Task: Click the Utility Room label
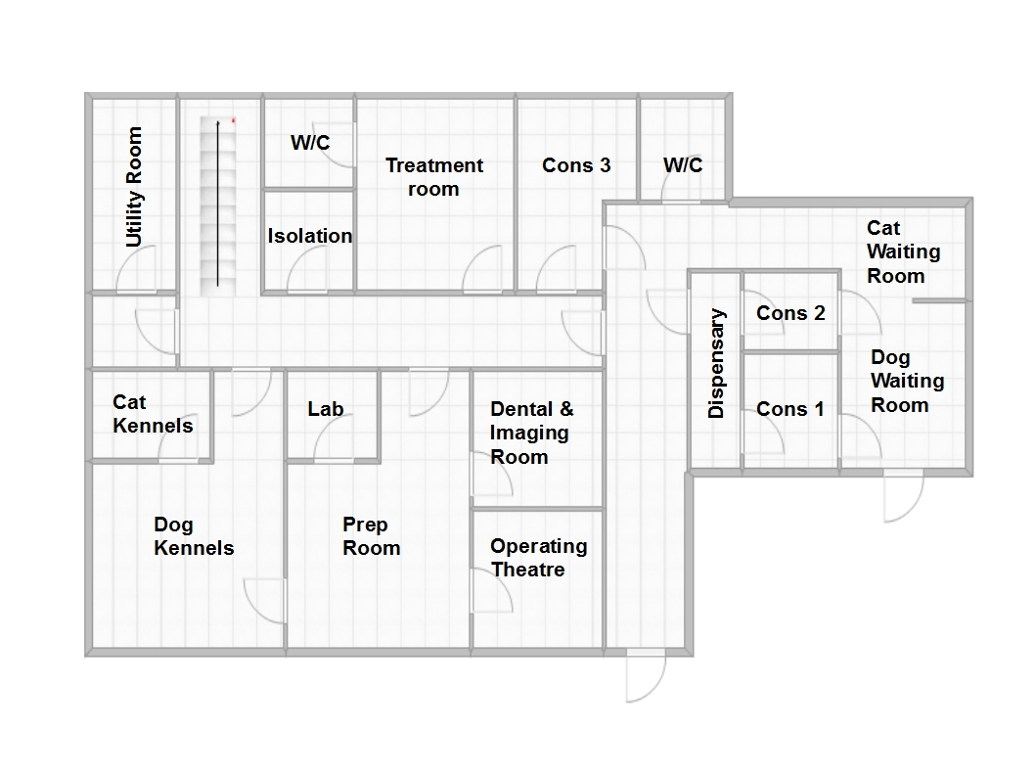(134, 187)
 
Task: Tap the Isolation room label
(309, 236)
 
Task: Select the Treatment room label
(434, 177)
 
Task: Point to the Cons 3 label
(576, 165)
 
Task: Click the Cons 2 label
(790, 313)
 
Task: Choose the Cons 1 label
(790, 409)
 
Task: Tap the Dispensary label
(716, 363)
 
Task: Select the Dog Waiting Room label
(908, 381)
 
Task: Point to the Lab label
(326, 409)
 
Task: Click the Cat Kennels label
(154, 414)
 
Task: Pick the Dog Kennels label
(194, 536)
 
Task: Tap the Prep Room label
(372, 536)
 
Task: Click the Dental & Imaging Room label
(532, 434)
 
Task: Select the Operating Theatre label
(539, 558)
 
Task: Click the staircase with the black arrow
(218, 206)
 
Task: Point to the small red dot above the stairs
(234, 120)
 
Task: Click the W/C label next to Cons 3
(683, 165)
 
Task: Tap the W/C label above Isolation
(310, 143)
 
